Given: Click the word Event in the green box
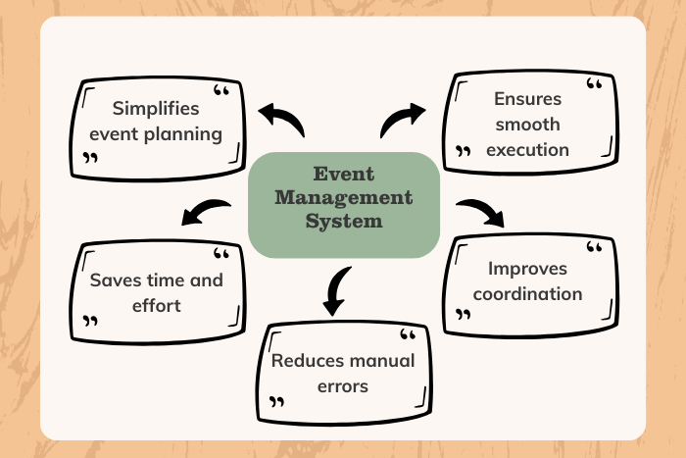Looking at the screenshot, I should coord(343,175).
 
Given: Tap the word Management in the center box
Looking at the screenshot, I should coord(343,197).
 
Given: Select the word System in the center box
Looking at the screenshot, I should coord(343,221).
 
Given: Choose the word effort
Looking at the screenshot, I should coord(157,305).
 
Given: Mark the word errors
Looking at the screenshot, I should coord(343,386).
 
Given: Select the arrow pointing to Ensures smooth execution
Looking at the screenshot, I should coord(401,120).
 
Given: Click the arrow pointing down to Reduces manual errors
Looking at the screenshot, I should coord(336,290).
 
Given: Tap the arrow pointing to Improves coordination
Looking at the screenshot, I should coord(481,211).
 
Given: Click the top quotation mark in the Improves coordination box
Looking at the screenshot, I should coord(594,249).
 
